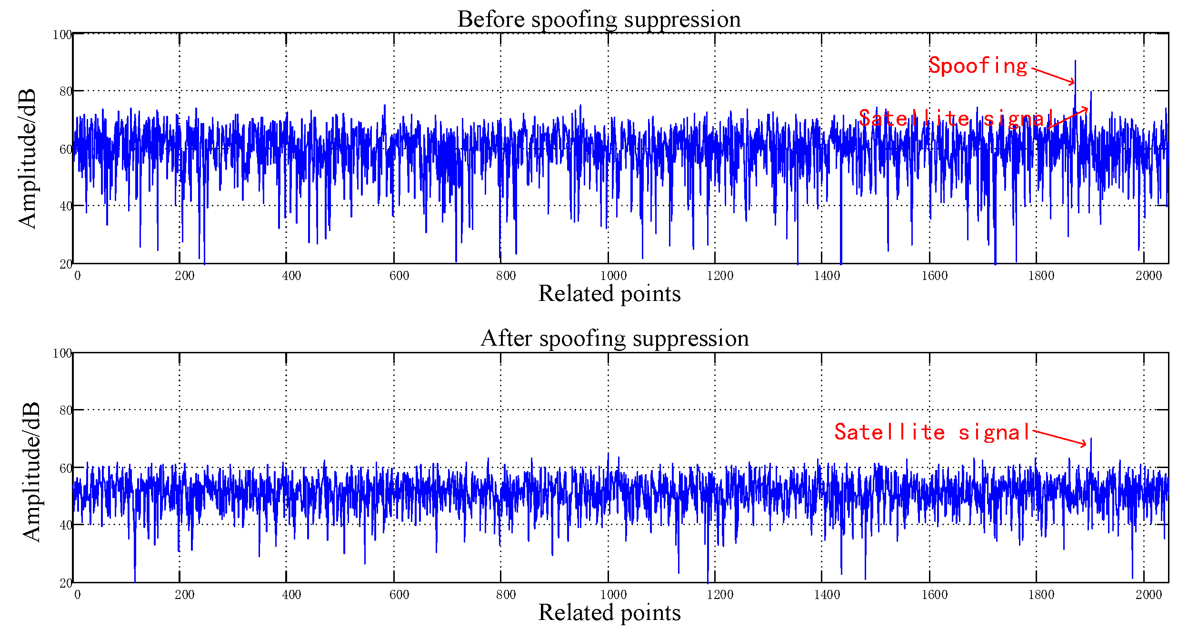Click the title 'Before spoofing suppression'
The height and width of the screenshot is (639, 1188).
[x=599, y=20]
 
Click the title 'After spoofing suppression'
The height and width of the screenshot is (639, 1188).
[x=614, y=339]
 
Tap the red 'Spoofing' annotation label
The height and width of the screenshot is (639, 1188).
[x=978, y=66]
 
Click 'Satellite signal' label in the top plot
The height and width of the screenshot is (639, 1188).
[x=957, y=119]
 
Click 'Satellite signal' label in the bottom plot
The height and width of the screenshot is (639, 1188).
[x=932, y=432]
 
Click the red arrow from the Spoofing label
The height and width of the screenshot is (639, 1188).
[x=1053, y=76]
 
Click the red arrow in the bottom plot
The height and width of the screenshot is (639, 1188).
[x=1059, y=438]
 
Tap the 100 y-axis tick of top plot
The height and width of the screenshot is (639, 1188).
[x=62, y=35]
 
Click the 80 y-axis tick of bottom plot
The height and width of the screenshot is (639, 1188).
[x=65, y=410]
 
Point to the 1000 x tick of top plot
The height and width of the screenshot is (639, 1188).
[x=613, y=276]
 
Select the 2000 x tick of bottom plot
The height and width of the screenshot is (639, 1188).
[x=1148, y=595]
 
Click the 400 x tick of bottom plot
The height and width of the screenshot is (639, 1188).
[x=291, y=595]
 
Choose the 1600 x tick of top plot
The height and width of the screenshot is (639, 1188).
[x=934, y=276]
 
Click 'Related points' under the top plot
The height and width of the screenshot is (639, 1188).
[x=609, y=293]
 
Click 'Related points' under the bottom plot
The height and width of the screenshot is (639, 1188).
[x=609, y=612]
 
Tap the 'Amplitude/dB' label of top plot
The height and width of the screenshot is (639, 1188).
[x=28, y=159]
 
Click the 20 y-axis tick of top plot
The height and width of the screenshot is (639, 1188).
[x=65, y=264]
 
